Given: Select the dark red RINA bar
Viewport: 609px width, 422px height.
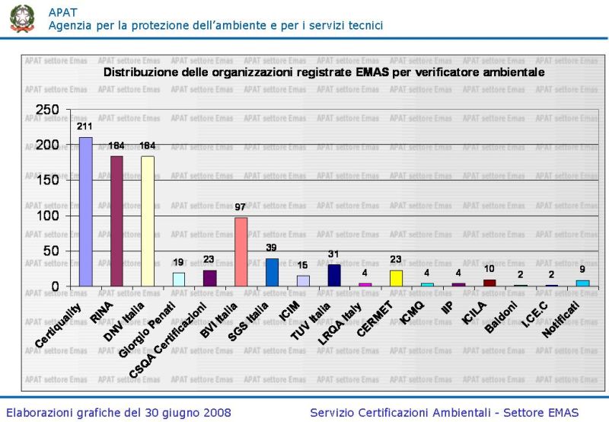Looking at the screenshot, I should [116, 221].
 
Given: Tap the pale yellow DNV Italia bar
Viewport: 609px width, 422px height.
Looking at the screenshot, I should [148, 221].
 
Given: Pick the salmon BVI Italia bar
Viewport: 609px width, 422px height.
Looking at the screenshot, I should [241, 251].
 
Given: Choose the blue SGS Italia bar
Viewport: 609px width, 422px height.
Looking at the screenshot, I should [272, 272].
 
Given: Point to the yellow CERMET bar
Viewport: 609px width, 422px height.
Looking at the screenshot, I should [396, 278].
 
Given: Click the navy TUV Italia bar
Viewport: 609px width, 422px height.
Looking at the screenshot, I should [333, 275].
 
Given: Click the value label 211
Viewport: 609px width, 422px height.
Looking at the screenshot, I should [85, 126].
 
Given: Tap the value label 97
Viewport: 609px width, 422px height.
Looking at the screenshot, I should [241, 207].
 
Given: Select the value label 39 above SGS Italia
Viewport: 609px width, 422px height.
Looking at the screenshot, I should [272, 248].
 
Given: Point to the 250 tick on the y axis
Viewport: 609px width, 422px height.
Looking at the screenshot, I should [48, 110].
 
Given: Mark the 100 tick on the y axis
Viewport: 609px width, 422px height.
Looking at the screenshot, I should [48, 216].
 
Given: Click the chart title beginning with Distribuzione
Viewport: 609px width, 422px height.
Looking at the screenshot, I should [324, 72].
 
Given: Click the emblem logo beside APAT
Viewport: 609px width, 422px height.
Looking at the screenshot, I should [22, 18].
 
